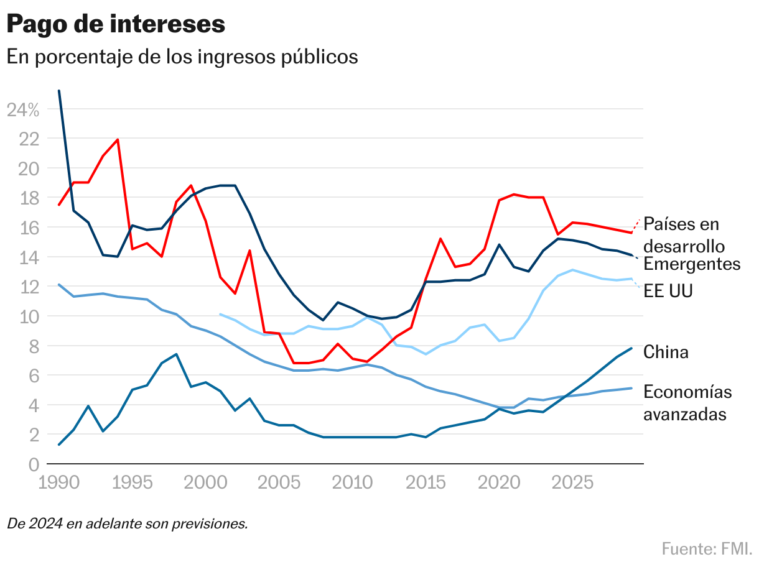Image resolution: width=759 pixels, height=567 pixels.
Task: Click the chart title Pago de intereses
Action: point(116,24)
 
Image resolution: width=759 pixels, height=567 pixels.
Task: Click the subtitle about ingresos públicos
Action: point(182,57)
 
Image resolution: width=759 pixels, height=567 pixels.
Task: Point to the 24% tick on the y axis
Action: point(23,110)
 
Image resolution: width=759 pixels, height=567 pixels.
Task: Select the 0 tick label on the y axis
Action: point(33,464)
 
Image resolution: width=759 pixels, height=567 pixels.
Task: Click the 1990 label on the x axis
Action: point(58,483)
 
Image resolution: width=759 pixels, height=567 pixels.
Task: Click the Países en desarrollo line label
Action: point(681,234)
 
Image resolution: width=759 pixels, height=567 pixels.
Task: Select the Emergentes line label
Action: point(692,264)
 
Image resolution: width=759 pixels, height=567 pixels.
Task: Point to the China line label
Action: point(666,353)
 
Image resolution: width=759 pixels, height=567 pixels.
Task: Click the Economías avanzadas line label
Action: point(687,403)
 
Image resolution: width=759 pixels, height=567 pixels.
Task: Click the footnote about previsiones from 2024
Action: point(128,523)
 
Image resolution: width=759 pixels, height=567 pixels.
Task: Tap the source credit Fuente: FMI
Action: point(707,549)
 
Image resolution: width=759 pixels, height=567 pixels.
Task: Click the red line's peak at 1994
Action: point(118,139)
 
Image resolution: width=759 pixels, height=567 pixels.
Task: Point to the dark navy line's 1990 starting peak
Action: point(58,91)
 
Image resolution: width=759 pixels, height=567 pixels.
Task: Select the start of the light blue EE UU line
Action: point(220,315)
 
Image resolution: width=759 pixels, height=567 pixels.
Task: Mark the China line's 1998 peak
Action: point(177,354)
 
